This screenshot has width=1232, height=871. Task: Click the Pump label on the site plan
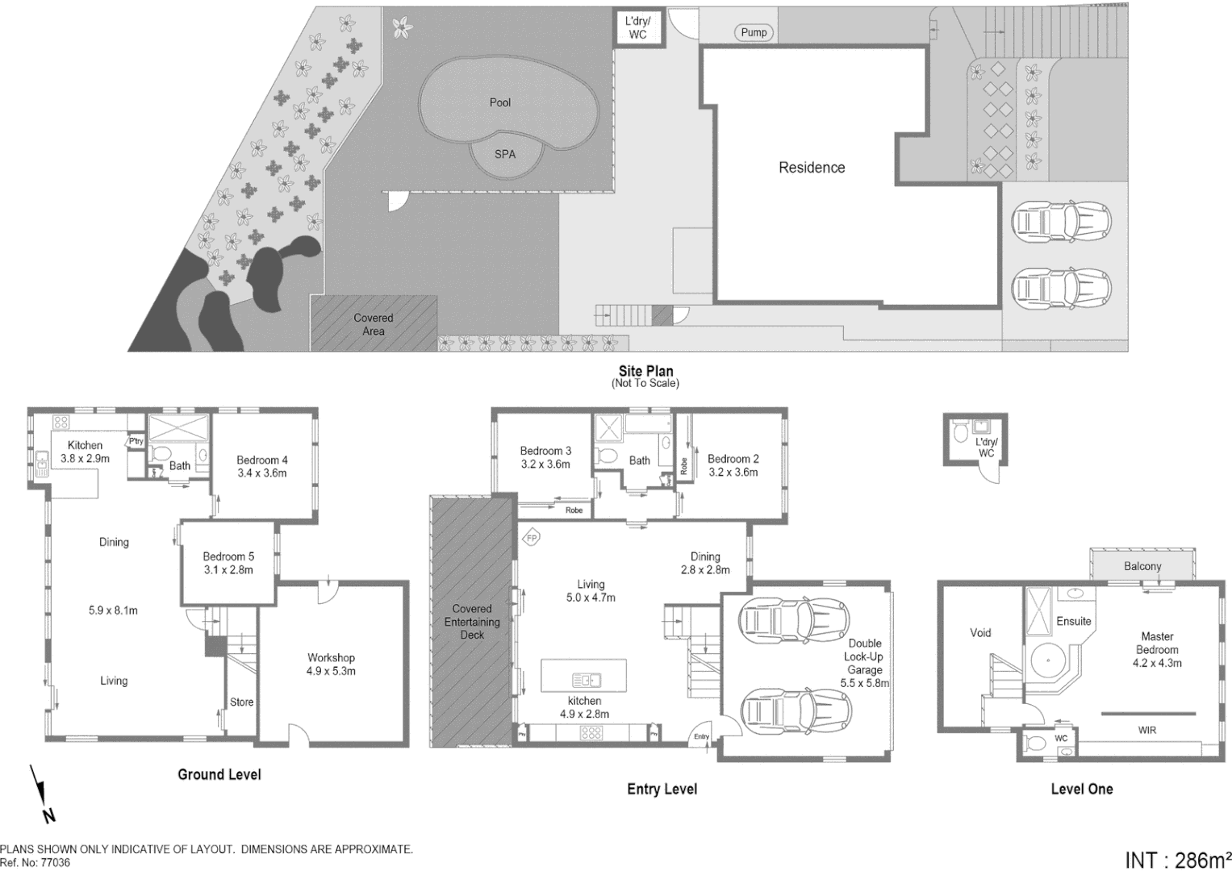pyautogui.click(x=754, y=32)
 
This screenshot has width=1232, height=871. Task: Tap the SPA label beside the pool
pyautogui.click(x=505, y=154)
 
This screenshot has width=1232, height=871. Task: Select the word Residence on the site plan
pyautogui.click(x=812, y=168)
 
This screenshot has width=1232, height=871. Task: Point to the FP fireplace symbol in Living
pyautogui.click(x=532, y=538)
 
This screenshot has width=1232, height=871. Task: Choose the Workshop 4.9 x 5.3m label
pyautogui.click(x=331, y=664)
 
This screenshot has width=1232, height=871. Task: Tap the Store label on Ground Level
pyautogui.click(x=241, y=702)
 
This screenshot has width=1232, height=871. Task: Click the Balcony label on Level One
pyautogui.click(x=1142, y=566)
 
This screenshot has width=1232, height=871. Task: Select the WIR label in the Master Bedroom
pyautogui.click(x=1146, y=730)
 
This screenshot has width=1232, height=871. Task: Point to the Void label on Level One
pyautogui.click(x=980, y=633)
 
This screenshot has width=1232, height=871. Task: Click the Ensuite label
pyautogui.click(x=1073, y=621)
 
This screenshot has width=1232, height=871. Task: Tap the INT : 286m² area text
pyautogui.click(x=1177, y=860)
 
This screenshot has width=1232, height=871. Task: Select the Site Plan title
pyautogui.click(x=645, y=372)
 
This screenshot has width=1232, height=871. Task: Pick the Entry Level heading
pyautogui.click(x=662, y=790)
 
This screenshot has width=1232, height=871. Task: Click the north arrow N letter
pyautogui.click(x=49, y=815)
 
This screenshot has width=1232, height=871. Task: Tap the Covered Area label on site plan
pyautogui.click(x=374, y=324)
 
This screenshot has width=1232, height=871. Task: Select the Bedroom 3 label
pyautogui.click(x=545, y=457)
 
